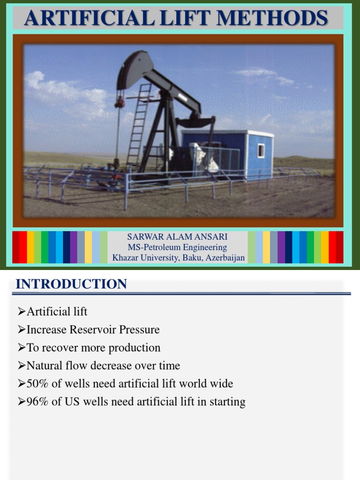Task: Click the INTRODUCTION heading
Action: pos(71,284)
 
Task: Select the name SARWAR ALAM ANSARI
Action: pos(177,237)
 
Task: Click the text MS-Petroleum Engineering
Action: pos(177,247)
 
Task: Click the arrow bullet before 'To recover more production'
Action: pos(21,348)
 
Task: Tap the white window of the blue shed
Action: pos(261,150)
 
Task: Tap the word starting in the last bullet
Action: pos(227,402)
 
